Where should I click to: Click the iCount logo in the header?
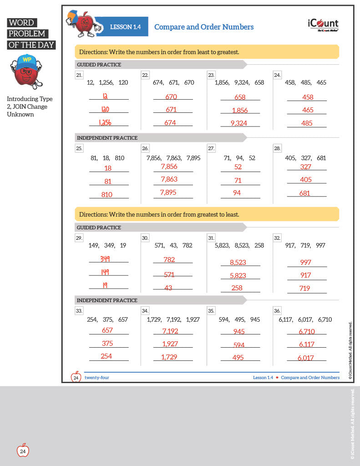coord(323,24)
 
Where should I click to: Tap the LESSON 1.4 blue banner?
coord(125,27)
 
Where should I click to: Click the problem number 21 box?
coord(80,75)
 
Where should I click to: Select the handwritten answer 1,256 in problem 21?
coord(106,122)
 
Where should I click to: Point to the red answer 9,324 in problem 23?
coord(239,123)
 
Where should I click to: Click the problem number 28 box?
coord(277,148)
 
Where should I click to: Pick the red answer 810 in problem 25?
coord(108,195)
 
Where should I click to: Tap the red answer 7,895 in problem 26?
coord(168,192)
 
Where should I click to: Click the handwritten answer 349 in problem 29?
coord(105,259)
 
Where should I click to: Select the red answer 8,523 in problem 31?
coord(238,262)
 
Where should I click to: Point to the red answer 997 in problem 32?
coord(306,262)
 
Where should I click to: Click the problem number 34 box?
coord(145,310)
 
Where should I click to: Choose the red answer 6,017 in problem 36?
coord(306,358)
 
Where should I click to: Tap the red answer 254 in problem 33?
coord(106,356)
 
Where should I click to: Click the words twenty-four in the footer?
coord(96,377)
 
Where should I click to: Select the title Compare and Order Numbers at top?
coord(204,27)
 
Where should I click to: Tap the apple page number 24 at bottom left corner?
coord(23,451)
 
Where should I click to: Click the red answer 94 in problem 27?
coord(237,193)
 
